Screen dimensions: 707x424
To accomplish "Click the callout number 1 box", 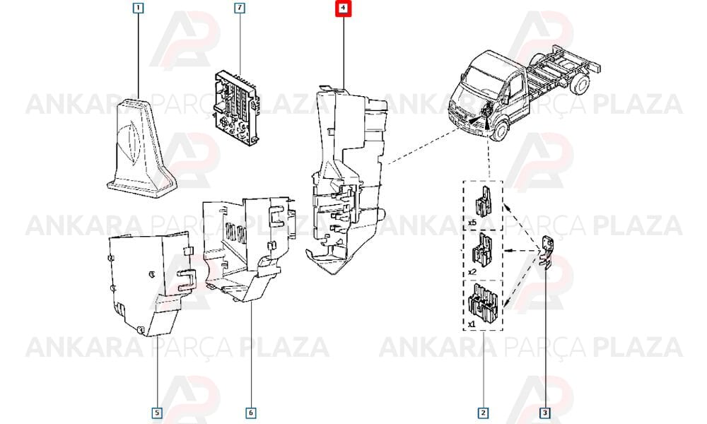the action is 139,8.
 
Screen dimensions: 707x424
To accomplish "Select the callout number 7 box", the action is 240,8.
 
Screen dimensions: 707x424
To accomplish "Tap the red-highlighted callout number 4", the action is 343,8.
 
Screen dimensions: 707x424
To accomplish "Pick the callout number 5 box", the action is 156,413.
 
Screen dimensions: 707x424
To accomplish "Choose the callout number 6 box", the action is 251,413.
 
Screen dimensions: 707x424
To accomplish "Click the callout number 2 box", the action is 483,413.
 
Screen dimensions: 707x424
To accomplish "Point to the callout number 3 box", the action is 544,413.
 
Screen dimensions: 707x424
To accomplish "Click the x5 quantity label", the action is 472,222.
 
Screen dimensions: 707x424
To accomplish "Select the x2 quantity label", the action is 472,272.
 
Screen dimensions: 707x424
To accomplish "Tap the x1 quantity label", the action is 472,324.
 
